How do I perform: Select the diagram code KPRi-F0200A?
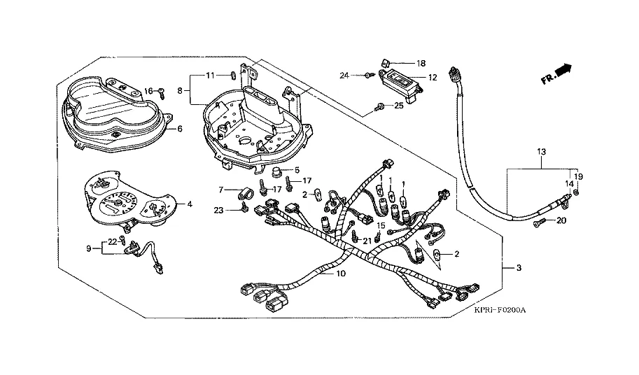pyautogui.click(x=500, y=310)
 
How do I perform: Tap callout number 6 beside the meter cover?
pyautogui.click(x=180, y=129)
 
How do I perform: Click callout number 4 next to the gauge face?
pyautogui.click(x=190, y=204)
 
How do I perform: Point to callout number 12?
pyautogui.click(x=433, y=78)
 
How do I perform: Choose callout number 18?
pyautogui.click(x=421, y=63)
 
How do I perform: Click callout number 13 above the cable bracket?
pyautogui.click(x=541, y=152)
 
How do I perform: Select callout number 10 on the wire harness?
pyautogui.click(x=341, y=274)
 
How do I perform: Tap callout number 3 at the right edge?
pyautogui.click(x=519, y=267)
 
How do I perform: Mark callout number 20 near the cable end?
pyautogui.click(x=561, y=220)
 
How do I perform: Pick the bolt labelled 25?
pyautogui.click(x=380, y=106)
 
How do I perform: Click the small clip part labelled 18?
pyautogui.click(x=386, y=63)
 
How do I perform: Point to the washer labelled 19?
pyautogui.click(x=575, y=192)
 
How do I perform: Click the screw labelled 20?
pyautogui.click(x=539, y=222)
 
